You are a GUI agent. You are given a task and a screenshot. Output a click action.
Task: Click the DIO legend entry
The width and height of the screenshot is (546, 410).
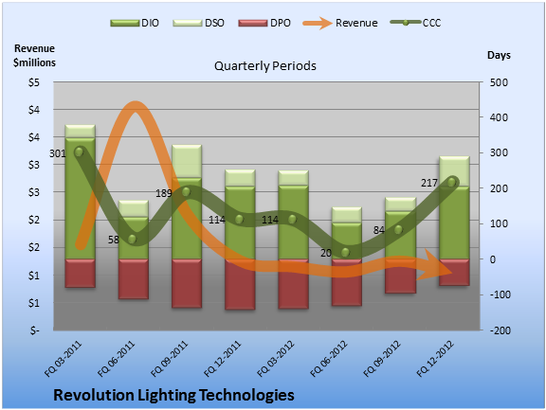click(x=135, y=23)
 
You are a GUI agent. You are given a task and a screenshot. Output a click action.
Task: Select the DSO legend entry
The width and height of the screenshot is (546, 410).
click(x=198, y=23)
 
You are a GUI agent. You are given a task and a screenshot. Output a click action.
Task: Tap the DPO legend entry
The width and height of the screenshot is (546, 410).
click(x=264, y=23)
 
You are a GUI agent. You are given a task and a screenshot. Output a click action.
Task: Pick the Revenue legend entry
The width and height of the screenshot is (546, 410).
click(x=340, y=23)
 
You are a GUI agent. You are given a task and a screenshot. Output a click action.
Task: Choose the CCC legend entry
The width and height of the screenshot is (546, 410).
click(x=416, y=23)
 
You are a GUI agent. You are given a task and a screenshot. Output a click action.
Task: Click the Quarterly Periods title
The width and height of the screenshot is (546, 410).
click(x=265, y=65)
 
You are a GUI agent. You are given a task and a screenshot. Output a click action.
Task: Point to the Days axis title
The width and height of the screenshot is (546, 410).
click(x=499, y=55)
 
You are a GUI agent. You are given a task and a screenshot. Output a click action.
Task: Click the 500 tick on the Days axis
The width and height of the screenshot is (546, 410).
click(x=499, y=82)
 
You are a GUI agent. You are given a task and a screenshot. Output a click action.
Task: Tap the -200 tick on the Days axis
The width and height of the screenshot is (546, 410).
click(x=500, y=330)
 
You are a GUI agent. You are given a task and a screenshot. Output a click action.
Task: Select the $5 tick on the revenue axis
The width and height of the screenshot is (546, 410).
click(x=34, y=82)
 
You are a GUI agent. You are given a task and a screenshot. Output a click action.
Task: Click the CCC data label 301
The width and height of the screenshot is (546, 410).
click(x=58, y=153)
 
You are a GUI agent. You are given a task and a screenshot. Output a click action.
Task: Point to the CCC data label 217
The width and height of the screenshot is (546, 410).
click(x=429, y=183)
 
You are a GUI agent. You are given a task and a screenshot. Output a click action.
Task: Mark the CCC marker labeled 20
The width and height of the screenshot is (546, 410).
click(x=345, y=253)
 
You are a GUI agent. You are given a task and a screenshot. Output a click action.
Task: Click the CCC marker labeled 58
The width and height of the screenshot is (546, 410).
click(x=132, y=240)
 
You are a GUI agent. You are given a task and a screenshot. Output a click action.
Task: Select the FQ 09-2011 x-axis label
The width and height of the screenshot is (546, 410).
click(x=170, y=359)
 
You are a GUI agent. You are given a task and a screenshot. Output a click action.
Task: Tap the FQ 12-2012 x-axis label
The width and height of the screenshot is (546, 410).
click(x=435, y=359)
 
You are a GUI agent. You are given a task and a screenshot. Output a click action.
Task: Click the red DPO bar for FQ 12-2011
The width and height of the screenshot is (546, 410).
click(x=240, y=284)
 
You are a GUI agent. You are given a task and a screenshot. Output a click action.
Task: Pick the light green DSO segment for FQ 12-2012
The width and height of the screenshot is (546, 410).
click(x=454, y=171)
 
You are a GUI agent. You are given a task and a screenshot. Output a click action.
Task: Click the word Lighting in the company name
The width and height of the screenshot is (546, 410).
click(x=167, y=396)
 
